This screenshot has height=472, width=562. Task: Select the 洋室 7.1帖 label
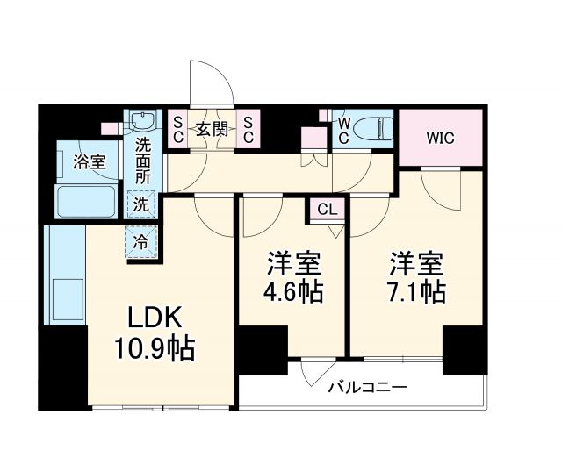click(417, 277)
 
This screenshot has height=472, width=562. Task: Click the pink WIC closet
click(441, 139)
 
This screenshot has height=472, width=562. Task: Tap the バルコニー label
click(368, 387)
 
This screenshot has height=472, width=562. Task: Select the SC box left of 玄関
click(177, 129)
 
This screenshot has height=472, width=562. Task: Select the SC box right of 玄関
click(249, 129)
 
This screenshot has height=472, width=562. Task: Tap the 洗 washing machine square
click(141, 204)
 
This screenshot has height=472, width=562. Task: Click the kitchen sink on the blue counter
click(66, 298)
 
